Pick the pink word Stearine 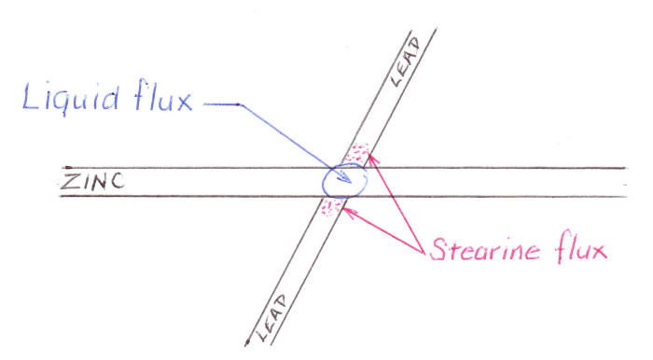pyautogui.click(x=484, y=250)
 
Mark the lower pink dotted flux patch pyautogui.click(x=327, y=208)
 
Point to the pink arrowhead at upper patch pyautogui.click(x=370, y=158)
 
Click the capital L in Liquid pyautogui.click(x=36, y=96)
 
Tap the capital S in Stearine pyautogui.click(x=438, y=249)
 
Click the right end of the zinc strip pyautogui.click(x=623, y=182)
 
